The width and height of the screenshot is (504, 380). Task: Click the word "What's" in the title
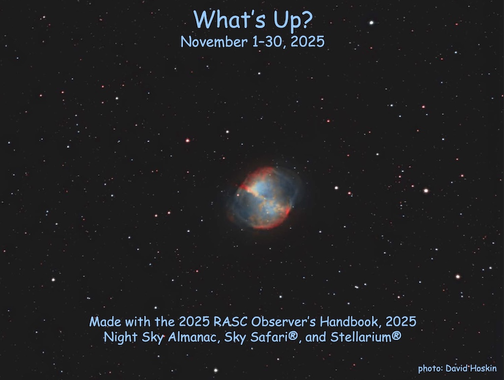point(224,20)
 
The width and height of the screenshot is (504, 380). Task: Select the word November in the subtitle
point(209,42)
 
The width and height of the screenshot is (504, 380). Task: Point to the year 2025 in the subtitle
point(307,42)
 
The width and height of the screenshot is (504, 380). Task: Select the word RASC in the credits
point(231,322)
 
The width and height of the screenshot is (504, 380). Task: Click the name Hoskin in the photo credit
point(483,369)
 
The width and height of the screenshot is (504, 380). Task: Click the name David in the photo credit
point(458,369)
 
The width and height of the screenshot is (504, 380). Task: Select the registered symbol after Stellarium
point(396,337)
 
